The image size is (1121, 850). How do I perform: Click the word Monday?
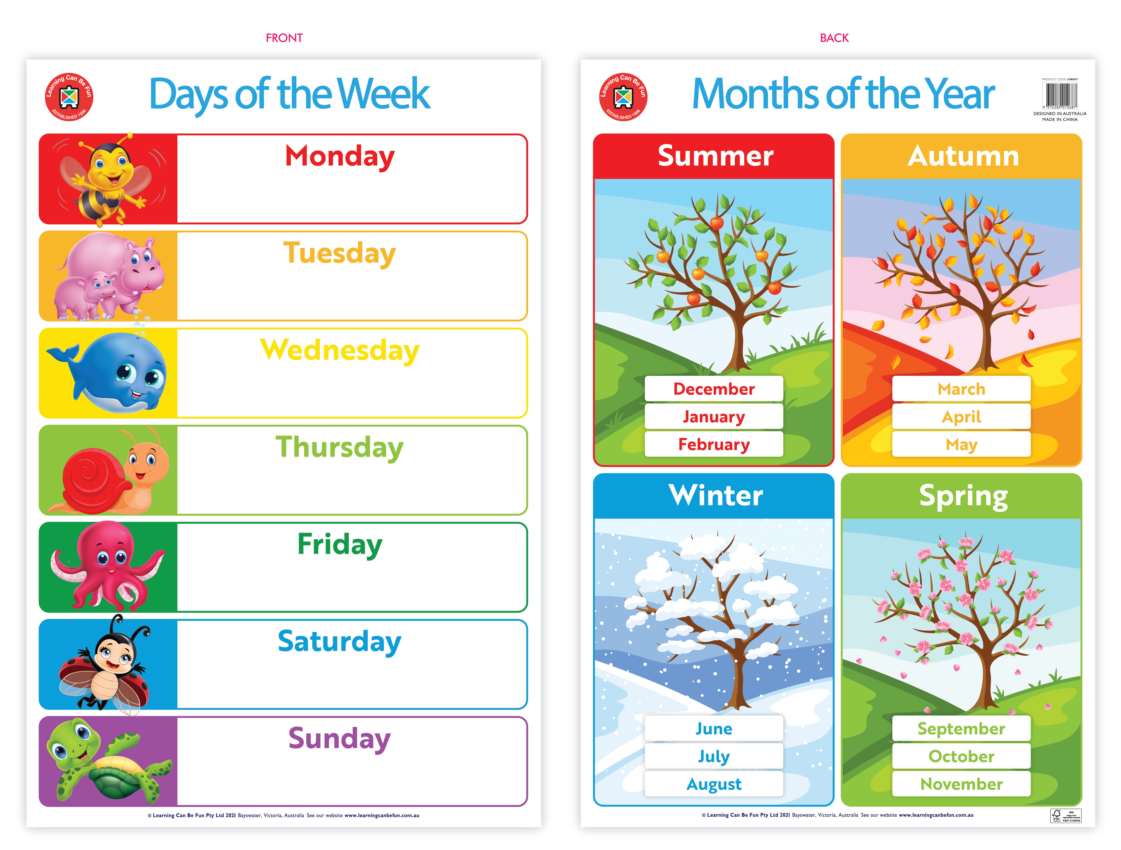[339, 156]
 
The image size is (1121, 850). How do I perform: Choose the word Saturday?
[339, 642]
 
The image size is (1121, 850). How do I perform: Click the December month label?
[714, 389]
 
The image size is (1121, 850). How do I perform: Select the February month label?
[714, 445]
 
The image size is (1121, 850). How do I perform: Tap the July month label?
[714, 756]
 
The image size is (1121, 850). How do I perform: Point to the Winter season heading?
[716, 495]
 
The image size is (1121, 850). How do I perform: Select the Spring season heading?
[963, 495]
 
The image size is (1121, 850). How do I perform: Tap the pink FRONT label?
[284, 38]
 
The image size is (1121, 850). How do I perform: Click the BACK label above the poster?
[834, 38]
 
